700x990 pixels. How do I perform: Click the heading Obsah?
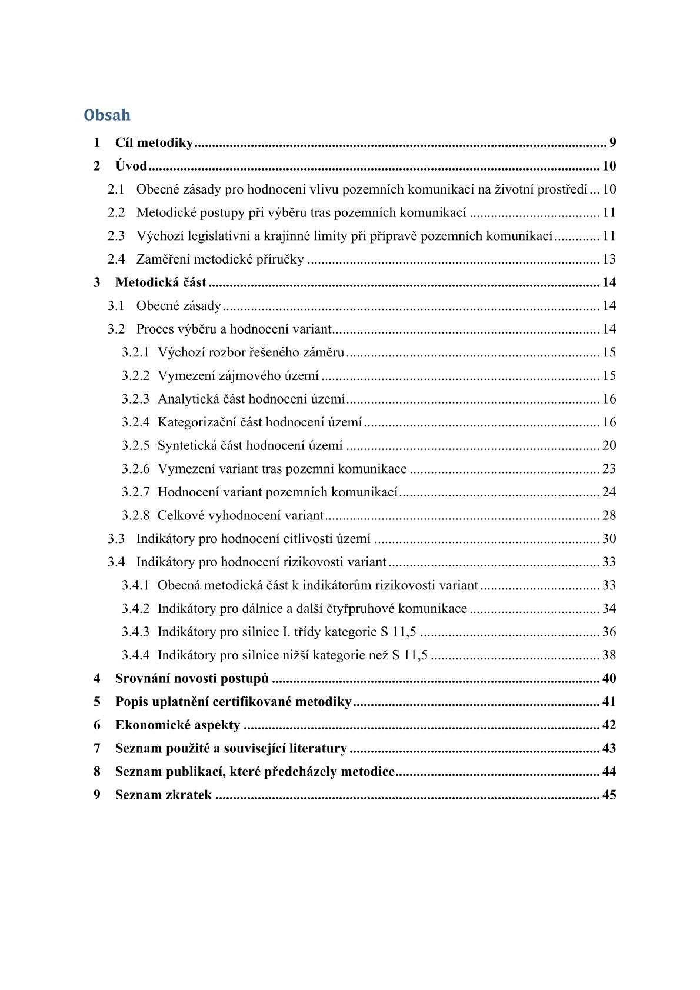point(107,115)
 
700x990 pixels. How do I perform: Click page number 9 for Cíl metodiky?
point(612,143)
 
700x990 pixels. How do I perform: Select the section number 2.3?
point(116,236)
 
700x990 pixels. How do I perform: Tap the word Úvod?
point(131,166)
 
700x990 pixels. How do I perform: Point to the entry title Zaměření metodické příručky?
point(220,259)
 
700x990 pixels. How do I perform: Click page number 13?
point(609,259)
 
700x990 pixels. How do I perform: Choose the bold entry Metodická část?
point(161,282)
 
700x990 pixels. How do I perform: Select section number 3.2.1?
point(135,352)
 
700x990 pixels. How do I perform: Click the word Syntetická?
point(187,445)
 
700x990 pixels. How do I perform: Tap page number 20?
point(609,445)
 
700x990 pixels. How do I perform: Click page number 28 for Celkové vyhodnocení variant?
point(609,515)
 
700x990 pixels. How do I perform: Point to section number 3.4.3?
point(135,632)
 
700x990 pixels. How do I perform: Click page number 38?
point(609,655)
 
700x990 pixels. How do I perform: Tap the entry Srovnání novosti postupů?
point(192,678)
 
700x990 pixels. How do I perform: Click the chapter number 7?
point(97,748)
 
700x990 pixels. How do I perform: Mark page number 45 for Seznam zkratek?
point(609,795)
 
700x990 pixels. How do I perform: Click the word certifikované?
point(252,702)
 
